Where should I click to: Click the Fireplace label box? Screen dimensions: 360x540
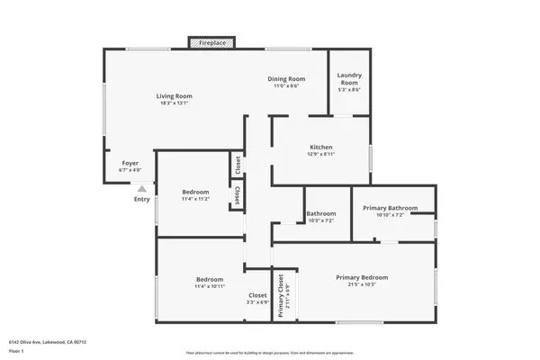pyautogui.click(x=212, y=42)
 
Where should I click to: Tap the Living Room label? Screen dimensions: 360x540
pyautogui.click(x=175, y=95)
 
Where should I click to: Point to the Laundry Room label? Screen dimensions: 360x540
pyautogui.click(x=348, y=79)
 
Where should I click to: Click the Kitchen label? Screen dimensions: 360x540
pyautogui.click(x=321, y=147)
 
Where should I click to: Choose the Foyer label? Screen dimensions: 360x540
pyautogui.click(x=130, y=163)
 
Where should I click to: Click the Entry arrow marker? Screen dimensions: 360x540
pyautogui.click(x=141, y=189)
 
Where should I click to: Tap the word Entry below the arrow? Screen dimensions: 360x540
pyautogui.click(x=142, y=199)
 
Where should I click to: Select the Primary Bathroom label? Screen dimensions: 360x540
pyautogui.click(x=390, y=208)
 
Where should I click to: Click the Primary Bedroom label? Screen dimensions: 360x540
pyautogui.click(x=362, y=277)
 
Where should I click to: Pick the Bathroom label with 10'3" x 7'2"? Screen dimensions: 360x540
pyautogui.click(x=320, y=213)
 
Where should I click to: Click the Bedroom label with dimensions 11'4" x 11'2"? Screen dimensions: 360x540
pyautogui.click(x=195, y=192)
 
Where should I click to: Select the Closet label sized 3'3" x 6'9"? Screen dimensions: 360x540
pyautogui.click(x=257, y=295)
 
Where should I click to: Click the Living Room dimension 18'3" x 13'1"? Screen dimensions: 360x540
pyautogui.click(x=175, y=103)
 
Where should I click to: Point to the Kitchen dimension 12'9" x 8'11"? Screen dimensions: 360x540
pyautogui.click(x=321, y=155)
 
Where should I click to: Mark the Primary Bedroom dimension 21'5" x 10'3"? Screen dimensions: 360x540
pyautogui.click(x=362, y=285)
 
